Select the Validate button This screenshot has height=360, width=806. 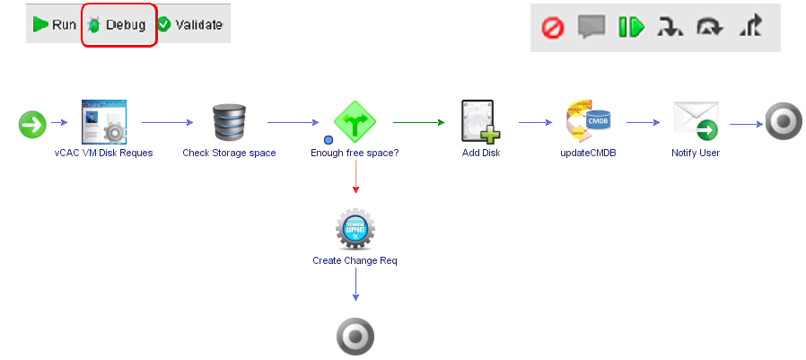pos(189,24)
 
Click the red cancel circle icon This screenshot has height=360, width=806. pos(552,27)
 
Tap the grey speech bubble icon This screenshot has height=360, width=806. pos(591,27)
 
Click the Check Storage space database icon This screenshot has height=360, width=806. pos(229,122)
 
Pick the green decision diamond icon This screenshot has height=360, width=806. pos(355,122)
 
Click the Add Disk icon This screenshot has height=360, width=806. pos(480,122)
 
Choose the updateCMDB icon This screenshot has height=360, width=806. pos(588,122)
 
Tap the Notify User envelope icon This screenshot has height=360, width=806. pos(696,122)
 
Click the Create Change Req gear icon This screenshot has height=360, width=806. pos(355,231)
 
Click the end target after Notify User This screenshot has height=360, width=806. pos(783,122)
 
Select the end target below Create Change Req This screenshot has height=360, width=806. pos(355,338)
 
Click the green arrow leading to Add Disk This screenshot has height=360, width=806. pos(417,122)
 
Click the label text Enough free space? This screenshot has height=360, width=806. pos(355,153)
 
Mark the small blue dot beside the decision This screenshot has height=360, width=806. pos(329,139)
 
